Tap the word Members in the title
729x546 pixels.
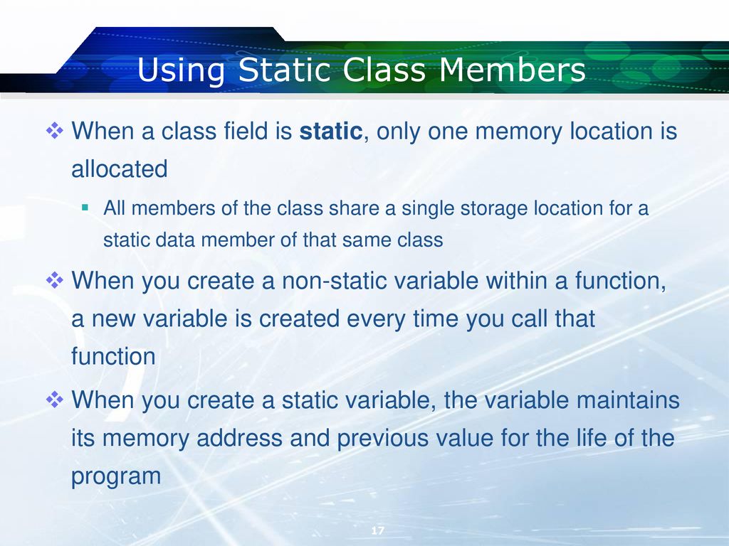click(512, 70)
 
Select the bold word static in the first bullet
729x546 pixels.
click(330, 131)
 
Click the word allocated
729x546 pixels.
click(120, 168)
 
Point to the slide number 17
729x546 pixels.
click(377, 530)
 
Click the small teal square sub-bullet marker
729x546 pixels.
click(85, 207)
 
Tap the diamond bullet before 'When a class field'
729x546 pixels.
click(54, 131)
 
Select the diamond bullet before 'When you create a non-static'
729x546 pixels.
click(54, 280)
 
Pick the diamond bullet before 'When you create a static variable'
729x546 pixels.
click(54, 400)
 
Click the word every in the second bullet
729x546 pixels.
click(376, 319)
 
